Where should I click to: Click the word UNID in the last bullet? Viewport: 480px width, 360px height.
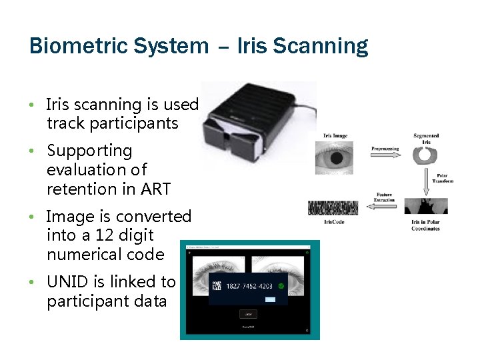click(x=68, y=282)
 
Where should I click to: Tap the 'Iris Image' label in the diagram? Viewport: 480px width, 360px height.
click(x=335, y=136)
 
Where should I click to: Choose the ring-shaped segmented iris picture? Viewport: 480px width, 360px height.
click(x=425, y=155)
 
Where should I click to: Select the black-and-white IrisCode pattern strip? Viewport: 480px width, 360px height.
click(x=333, y=208)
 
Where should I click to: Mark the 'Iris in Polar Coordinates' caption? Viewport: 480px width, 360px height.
click(x=425, y=225)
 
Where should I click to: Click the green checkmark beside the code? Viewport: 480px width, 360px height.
click(x=281, y=287)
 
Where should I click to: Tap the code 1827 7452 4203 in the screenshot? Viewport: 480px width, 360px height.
click(x=249, y=287)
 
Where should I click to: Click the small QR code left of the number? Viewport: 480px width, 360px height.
click(x=217, y=287)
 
